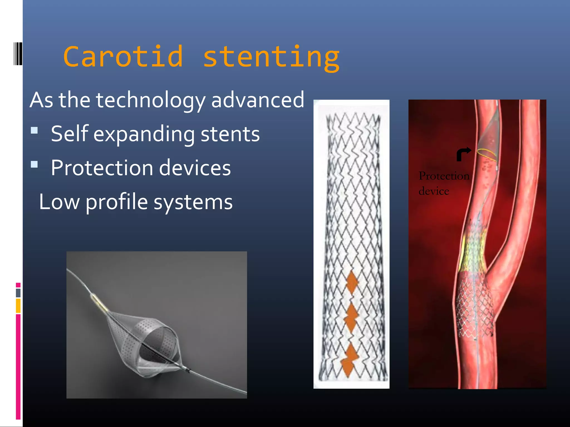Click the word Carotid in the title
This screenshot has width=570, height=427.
(123, 56)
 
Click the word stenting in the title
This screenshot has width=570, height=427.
(271, 57)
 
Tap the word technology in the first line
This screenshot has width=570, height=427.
(150, 100)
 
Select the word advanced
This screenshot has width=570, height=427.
(257, 100)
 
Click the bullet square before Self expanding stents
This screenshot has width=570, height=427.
(34, 130)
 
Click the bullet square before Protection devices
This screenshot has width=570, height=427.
(34, 164)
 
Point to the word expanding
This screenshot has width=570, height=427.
(144, 134)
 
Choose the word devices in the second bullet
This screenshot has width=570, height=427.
(195, 168)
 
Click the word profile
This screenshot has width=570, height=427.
(117, 202)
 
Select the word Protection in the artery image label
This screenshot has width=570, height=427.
(444, 176)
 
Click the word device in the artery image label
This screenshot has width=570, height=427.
(434, 191)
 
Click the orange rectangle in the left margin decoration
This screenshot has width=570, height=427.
(18, 306)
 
